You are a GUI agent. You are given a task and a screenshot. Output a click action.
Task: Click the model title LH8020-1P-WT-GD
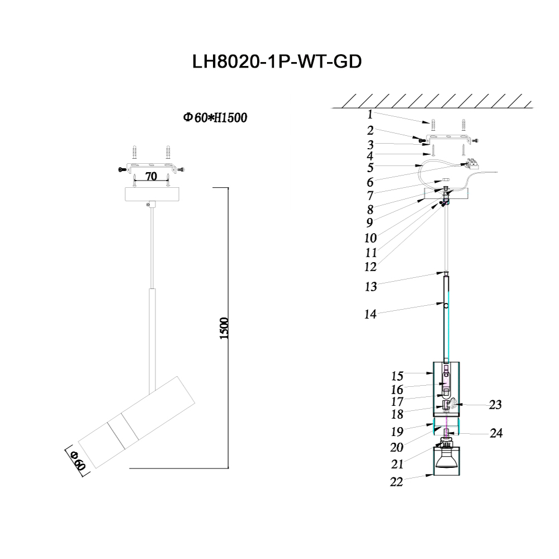point(277,61)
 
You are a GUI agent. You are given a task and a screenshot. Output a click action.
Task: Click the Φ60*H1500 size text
point(215,118)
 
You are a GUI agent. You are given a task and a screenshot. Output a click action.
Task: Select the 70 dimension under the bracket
point(150,177)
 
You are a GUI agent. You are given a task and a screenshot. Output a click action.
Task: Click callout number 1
point(370,115)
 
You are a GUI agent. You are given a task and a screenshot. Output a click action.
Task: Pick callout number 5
point(370,167)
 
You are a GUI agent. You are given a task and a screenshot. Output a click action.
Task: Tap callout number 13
point(370,287)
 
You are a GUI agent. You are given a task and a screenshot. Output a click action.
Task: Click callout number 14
point(370,314)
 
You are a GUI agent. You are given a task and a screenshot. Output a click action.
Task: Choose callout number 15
point(382,376)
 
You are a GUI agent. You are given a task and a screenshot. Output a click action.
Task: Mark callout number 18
point(382,414)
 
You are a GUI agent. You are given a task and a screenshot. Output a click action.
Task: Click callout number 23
point(495,405)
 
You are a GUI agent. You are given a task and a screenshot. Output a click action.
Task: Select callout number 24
point(495,434)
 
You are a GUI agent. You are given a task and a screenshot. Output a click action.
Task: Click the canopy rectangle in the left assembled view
point(150,195)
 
